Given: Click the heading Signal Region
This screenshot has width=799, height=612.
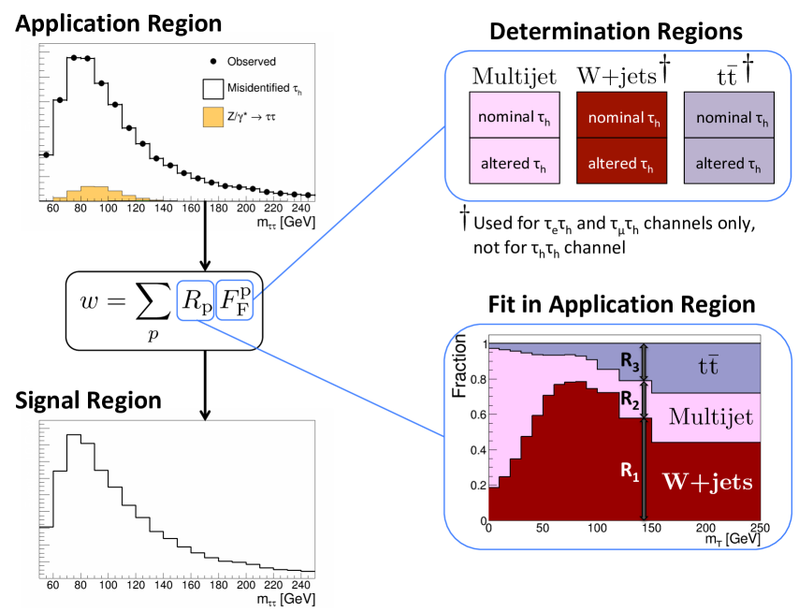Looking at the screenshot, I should point(88,401).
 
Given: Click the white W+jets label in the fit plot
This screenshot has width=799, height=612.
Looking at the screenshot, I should point(707,483).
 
